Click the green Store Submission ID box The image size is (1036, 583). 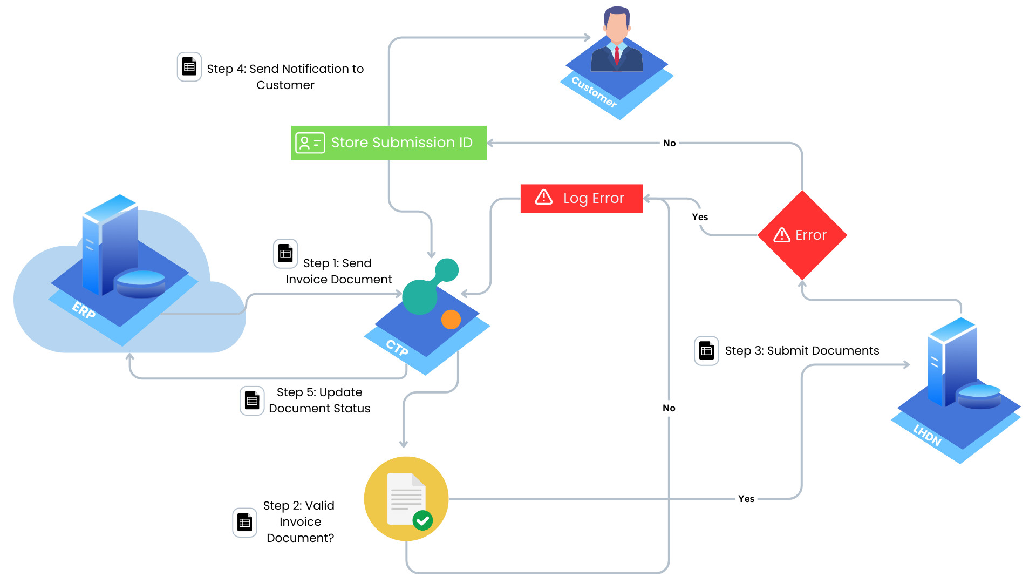[x=388, y=143]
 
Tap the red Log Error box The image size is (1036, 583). [x=582, y=198]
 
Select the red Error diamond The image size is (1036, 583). [x=802, y=235]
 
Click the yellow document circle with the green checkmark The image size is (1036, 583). [x=406, y=499]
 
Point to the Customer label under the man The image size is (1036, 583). [x=594, y=92]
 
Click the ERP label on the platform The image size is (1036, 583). [x=84, y=310]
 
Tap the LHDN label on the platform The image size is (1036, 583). [x=927, y=435]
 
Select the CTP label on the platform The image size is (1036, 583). [x=397, y=348]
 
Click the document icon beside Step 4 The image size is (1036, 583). [x=189, y=67]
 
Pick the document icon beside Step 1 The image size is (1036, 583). [x=285, y=254]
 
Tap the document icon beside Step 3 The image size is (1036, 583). [x=706, y=351]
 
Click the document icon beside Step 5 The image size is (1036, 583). [x=252, y=401]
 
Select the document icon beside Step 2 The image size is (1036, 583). [x=244, y=523]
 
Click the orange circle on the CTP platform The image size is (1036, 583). [x=451, y=320]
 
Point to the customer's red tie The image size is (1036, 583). [x=617, y=56]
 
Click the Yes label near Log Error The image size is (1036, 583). [x=700, y=217]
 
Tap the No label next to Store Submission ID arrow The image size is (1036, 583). [x=669, y=143]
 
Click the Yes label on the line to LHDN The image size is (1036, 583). [x=746, y=499]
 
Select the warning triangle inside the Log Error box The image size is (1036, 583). [x=544, y=197]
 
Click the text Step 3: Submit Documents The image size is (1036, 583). [x=802, y=351]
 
